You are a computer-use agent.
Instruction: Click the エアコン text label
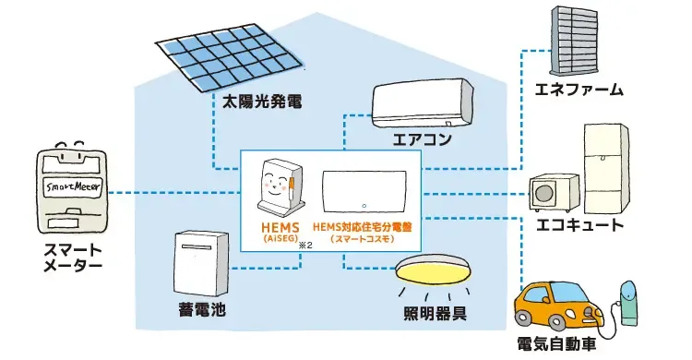tap(423, 143)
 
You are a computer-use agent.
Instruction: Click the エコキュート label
tap(579, 224)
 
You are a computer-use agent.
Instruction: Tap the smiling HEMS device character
tap(279, 188)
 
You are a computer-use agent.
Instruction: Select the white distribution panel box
tap(365, 192)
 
